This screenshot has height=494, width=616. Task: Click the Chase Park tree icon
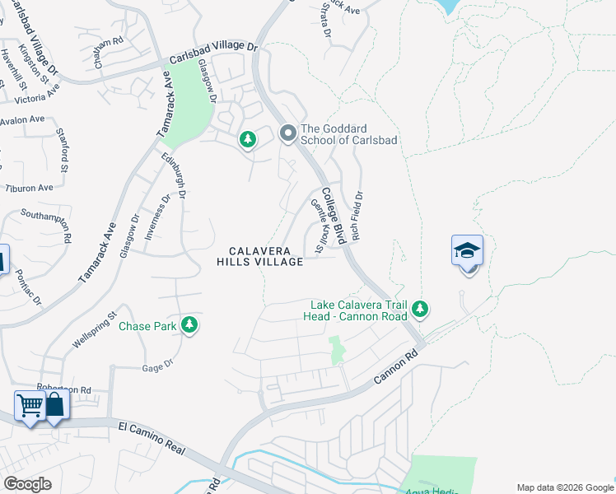190,325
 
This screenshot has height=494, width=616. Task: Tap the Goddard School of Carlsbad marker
287,133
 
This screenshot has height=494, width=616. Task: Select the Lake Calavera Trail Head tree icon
421,309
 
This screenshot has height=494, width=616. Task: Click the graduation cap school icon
467,250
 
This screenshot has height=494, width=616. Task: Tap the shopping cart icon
30,404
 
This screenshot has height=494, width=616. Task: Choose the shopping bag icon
54,404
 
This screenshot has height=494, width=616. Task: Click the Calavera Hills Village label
259,255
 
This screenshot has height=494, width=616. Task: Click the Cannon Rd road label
396,363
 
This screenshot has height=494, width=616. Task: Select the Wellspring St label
95,329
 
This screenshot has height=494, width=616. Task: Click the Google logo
27,484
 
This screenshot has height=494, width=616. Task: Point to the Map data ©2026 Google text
564,487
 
